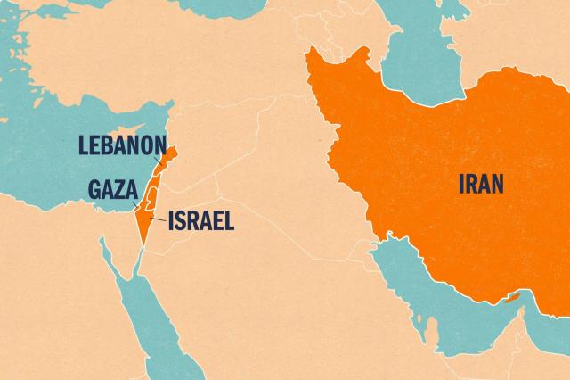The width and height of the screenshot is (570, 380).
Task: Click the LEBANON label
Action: [x=123, y=145]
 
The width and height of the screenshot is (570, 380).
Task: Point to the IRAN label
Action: [x=480, y=185]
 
